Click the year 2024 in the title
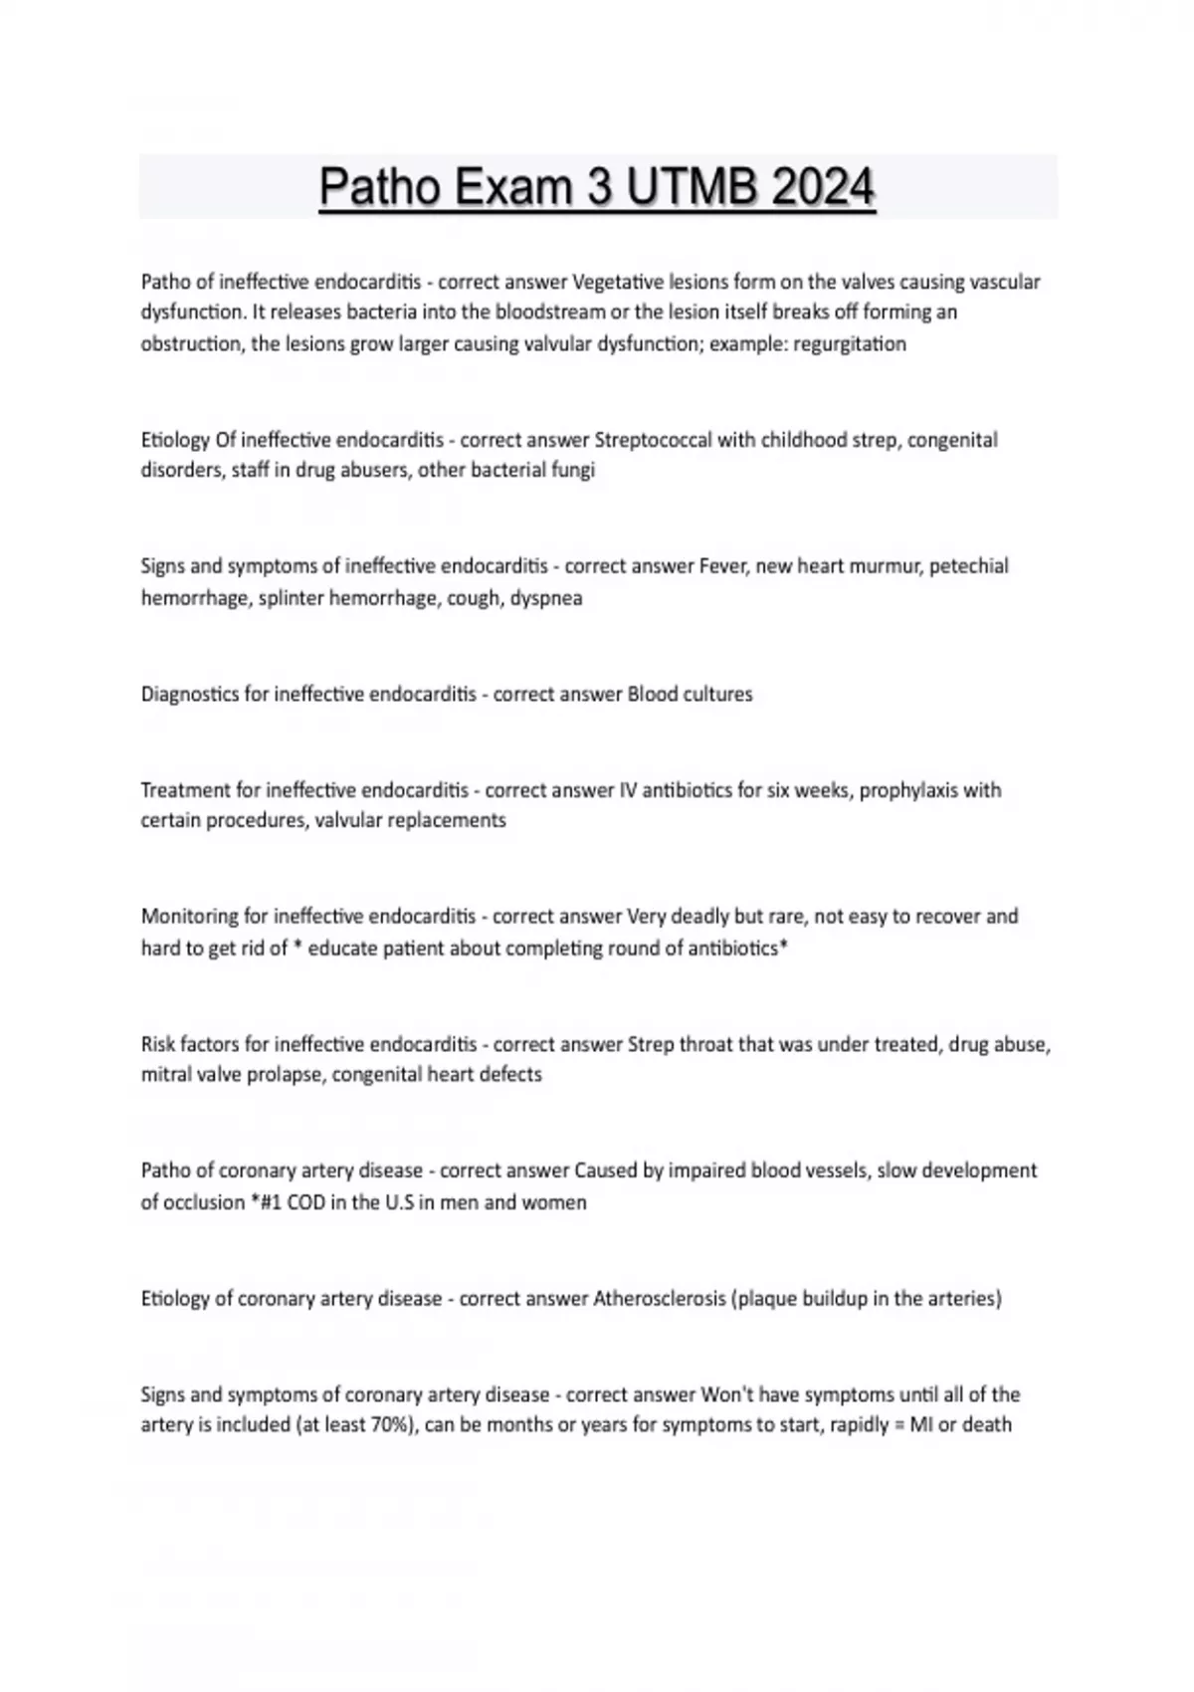[822, 187]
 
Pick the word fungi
[573, 470]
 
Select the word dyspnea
[546, 598]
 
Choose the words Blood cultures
[690, 694]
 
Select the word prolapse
[288, 1075]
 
